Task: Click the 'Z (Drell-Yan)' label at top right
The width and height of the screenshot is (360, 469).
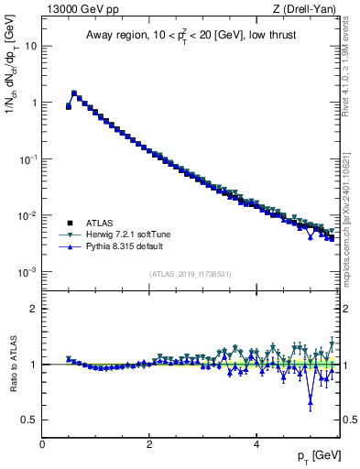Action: (307, 9)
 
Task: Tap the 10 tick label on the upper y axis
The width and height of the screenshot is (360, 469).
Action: (30, 46)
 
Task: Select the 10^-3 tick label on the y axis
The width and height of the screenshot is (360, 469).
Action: (28, 273)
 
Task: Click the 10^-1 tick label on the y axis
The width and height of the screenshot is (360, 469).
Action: (28, 159)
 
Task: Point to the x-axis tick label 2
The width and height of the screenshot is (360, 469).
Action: (149, 444)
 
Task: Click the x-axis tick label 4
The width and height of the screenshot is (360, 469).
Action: (256, 444)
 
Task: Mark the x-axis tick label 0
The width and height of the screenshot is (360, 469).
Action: (42, 444)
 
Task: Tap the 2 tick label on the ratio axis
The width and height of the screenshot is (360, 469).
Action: (33, 309)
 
